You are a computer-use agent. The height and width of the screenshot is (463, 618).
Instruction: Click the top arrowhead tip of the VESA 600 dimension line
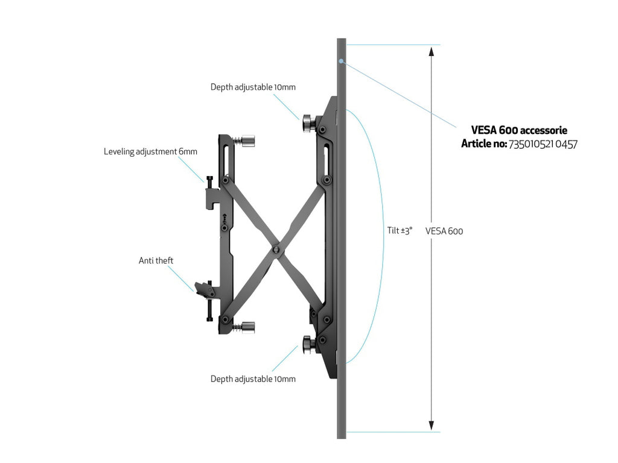click(x=432, y=47)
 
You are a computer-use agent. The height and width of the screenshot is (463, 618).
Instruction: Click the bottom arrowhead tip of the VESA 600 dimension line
click(x=432, y=430)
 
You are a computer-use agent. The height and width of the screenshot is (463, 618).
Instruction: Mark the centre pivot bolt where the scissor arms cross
click(x=276, y=249)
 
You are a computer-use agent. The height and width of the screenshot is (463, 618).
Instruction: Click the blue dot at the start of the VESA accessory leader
click(x=342, y=61)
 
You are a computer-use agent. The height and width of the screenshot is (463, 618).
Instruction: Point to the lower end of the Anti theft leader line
click(x=194, y=291)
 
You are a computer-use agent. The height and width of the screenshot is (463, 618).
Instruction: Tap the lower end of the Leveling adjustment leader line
click(x=205, y=182)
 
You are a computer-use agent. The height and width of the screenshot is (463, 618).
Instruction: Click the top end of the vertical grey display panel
click(x=342, y=39)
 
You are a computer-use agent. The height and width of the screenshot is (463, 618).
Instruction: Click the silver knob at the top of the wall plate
click(x=248, y=141)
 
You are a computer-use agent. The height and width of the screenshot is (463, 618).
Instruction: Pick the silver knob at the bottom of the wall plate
click(x=248, y=327)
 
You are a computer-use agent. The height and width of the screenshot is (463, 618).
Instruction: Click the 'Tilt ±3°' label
click(x=400, y=230)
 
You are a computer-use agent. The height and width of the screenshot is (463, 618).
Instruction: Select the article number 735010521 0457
click(x=543, y=145)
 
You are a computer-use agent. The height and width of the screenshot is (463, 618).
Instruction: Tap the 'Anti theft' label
click(x=156, y=260)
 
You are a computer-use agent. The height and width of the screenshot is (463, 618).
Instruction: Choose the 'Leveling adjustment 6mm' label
click(x=150, y=151)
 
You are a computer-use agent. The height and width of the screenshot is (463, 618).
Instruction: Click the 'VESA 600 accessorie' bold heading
click(x=519, y=130)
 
